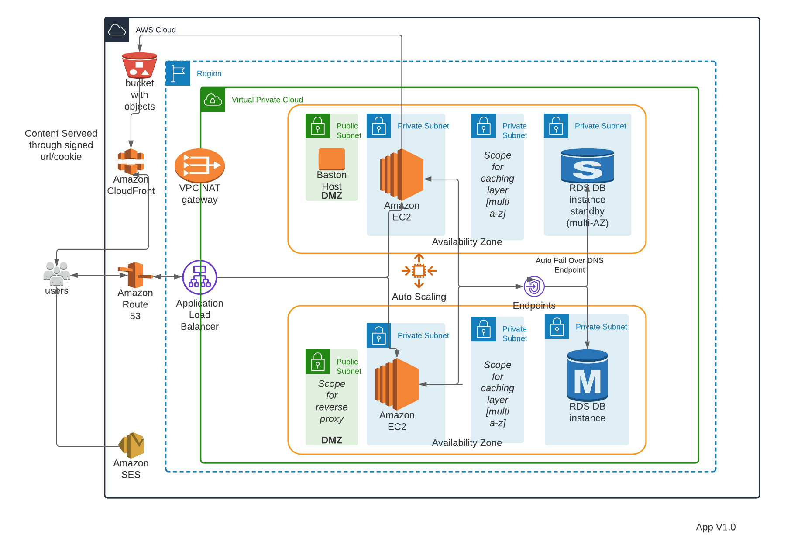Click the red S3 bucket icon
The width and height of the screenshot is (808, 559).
click(x=140, y=65)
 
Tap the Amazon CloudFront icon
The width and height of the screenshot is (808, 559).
click(x=131, y=161)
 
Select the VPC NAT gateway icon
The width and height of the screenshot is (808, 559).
click(x=199, y=166)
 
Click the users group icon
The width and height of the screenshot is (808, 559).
click(x=57, y=273)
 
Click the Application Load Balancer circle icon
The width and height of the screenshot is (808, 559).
click(x=199, y=277)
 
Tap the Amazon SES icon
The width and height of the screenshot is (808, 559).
click(x=131, y=445)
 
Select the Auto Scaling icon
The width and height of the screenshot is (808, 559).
click(x=419, y=271)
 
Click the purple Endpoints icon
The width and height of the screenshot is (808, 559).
click(x=534, y=286)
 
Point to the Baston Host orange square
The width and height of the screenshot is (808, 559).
click(x=332, y=159)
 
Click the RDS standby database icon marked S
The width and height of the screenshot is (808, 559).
click(x=588, y=166)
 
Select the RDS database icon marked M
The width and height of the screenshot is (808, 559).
click(x=588, y=376)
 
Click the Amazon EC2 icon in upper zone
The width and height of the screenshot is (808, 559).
click(x=402, y=175)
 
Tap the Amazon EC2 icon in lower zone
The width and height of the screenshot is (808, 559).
click(x=397, y=384)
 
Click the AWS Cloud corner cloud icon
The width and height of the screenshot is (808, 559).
click(x=117, y=30)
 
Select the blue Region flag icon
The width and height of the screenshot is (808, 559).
click(x=178, y=73)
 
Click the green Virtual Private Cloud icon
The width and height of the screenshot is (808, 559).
click(x=213, y=100)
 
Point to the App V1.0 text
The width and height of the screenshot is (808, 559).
click(x=715, y=527)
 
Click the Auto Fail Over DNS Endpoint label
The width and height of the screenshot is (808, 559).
click(x=569, y=265)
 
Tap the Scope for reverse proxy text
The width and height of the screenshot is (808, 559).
click(x=332, y=401)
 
